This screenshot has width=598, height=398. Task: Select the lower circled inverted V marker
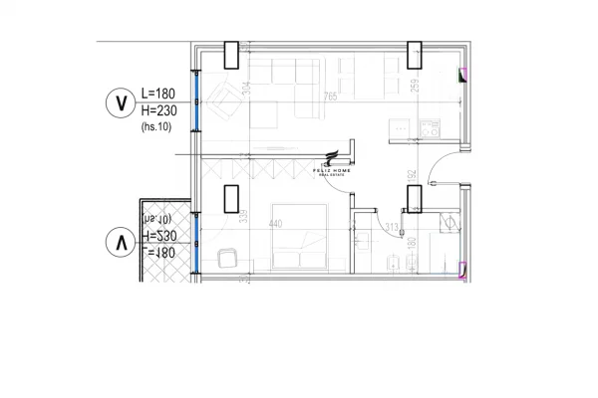(x=121, y=242)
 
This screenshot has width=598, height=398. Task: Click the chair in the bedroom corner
(x=226, y=261)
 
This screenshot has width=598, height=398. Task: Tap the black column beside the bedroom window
(x=231, y=199)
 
